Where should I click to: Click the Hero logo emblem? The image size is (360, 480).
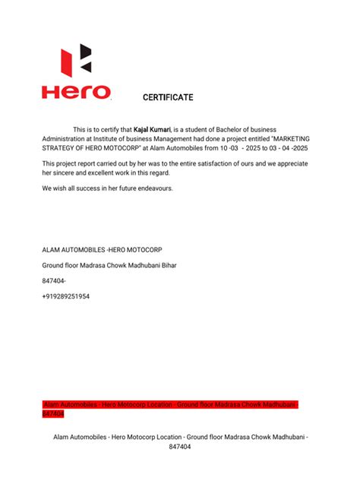[77, 62]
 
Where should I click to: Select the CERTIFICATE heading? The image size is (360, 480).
[168, 97]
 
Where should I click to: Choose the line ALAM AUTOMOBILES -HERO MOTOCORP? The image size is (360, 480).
[102, 250]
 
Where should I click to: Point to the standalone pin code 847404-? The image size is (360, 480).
[53, 281]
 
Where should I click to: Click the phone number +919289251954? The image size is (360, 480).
[66, 296]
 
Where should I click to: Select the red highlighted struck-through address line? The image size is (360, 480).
[171, 406]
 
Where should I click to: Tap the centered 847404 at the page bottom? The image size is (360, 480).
[180, 447]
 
